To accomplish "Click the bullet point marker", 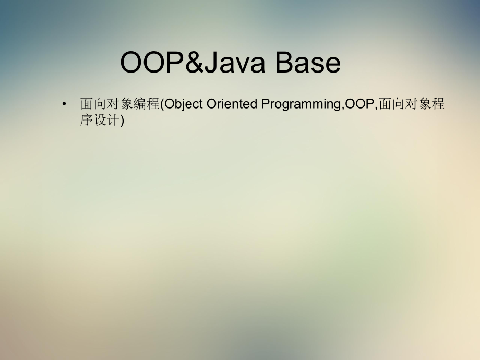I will click(64, 104).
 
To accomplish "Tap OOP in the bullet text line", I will click(359, 104).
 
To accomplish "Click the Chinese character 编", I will click(139, 104).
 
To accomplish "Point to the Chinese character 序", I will click(87, 121).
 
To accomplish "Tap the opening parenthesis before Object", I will click(162, 104).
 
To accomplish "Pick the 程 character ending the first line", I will click(438, 104).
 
